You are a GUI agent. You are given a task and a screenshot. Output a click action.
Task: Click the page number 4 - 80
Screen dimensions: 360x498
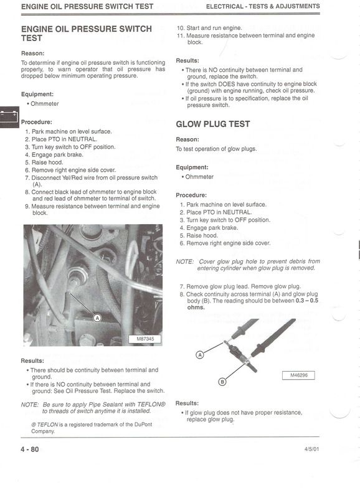tap(30, 449)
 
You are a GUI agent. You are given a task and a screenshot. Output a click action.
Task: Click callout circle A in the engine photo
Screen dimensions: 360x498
tap(97, 317)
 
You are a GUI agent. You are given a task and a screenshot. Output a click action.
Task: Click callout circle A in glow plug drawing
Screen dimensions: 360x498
tap(200, 354)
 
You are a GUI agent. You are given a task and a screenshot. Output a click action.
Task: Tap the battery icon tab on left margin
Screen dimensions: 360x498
tap(9, 116)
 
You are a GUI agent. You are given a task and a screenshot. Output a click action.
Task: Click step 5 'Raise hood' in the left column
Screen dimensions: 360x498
tap(53, 162)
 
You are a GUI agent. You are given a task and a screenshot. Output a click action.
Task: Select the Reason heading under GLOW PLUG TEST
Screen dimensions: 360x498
tap(187, 139)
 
